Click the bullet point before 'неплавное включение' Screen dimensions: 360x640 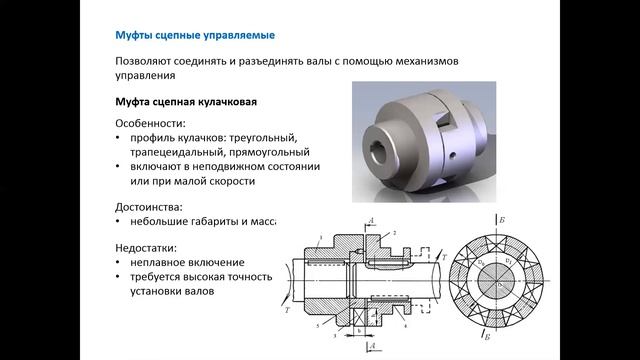[x=120, y=262]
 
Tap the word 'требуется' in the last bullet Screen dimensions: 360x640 [x=158, y=277]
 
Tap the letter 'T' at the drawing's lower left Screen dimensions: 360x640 [x=288, y=310]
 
